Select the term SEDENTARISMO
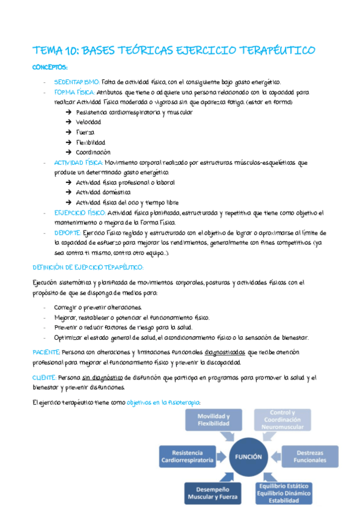click(77, 82)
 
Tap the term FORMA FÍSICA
click(74, 93)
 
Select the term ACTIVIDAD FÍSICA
click(78, 162)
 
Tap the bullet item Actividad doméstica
click(103, 192)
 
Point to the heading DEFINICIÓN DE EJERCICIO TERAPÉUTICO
click(88, 267)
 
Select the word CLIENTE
click(44, 377)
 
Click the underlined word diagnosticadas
click(225, 351)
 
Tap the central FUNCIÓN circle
click(248, 456)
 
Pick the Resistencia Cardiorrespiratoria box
click(186, 456)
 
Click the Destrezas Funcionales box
click(310, 456)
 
